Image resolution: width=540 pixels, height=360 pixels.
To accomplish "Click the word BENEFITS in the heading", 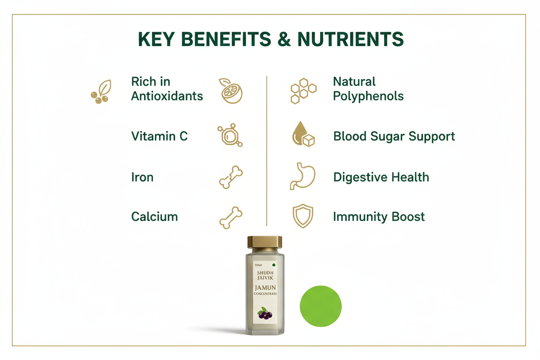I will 221,39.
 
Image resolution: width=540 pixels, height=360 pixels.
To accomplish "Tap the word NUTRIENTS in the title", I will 350,39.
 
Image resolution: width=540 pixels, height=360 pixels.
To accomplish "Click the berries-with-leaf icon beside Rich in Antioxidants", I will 101,92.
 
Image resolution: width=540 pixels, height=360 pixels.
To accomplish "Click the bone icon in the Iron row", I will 231,177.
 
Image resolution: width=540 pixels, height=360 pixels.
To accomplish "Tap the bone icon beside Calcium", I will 231,217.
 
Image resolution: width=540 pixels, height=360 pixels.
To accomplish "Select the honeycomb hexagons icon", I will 303,91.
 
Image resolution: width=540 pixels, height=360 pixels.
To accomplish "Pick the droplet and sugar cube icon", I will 303,135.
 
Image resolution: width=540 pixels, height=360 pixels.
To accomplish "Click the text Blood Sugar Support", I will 394,136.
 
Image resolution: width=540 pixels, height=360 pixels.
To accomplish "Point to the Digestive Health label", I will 381,177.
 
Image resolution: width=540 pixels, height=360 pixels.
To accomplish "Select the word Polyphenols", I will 368,96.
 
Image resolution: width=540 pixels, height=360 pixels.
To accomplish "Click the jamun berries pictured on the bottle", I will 265,314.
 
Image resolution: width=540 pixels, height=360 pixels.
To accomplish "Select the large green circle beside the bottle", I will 321,306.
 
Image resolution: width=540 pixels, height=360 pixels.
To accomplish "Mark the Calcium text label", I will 154,216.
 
